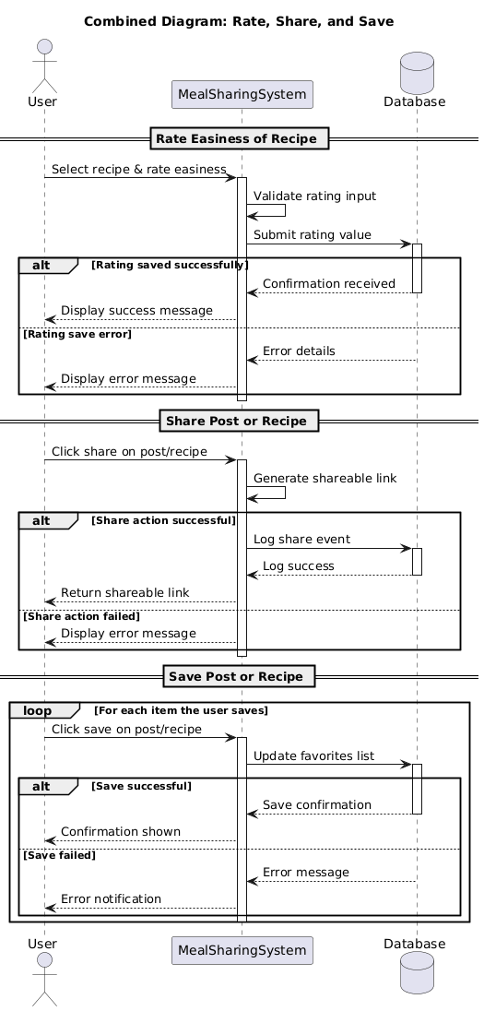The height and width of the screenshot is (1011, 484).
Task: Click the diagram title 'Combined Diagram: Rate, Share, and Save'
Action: pos(239,21)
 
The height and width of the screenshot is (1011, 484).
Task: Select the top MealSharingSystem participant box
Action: pos(242,94)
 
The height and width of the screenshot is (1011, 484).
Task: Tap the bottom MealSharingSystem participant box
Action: pos(242,950)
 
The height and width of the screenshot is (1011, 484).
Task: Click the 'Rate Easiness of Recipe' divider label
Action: pos(237,138)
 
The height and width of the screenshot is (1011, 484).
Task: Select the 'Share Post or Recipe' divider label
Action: pos(239,421)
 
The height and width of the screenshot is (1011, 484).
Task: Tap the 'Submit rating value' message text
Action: pos(313,235)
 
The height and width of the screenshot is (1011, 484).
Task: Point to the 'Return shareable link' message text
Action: pos(124,592)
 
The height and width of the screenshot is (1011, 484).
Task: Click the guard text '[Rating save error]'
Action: pos(77,334)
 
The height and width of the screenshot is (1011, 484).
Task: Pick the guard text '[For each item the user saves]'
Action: pos(181,710)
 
